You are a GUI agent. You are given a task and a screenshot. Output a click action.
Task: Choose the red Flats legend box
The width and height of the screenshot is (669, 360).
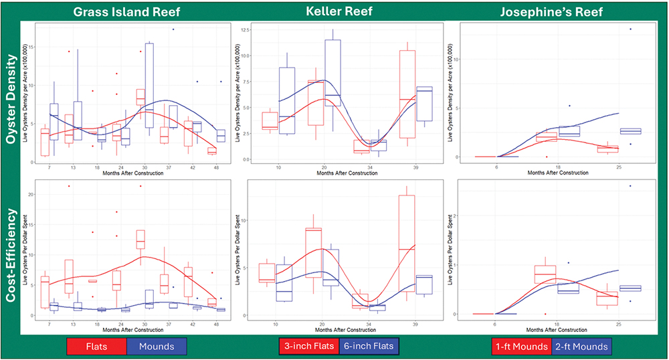97,346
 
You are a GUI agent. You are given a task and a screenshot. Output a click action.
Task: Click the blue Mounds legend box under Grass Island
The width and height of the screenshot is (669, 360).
156,346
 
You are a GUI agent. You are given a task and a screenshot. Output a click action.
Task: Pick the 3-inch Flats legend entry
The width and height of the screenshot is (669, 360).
309,347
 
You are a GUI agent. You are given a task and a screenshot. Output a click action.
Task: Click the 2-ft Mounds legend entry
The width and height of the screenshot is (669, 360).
581,347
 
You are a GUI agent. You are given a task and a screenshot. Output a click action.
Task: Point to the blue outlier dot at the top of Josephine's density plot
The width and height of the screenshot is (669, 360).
630,29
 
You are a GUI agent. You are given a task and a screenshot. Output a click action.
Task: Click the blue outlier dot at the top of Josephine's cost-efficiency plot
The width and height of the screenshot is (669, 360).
630,186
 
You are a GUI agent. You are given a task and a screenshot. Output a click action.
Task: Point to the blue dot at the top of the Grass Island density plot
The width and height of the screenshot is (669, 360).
173,29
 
